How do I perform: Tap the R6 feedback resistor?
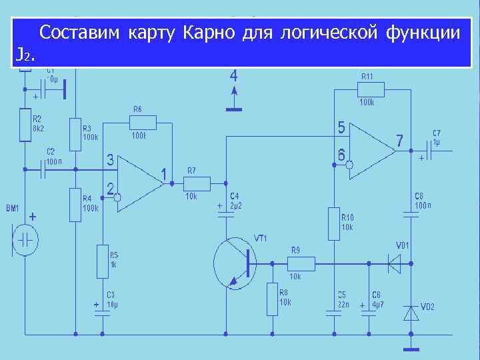pyautogui.click(x=143, y=122)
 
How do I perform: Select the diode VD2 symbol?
pyautogui.click(x=410, y=312)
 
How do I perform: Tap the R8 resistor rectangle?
pyautogui.click(x=272, y=299)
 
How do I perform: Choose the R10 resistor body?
pyautogui.click(x=333, y=223)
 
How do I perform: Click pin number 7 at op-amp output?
pyautogui.click(x=399, y=141)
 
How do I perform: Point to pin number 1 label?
pyautogui.click(x=163, y=175)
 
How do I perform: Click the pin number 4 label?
pyautogui.click(x=233, y=75)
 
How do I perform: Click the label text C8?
pyautogui.click(x=419, y=196)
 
